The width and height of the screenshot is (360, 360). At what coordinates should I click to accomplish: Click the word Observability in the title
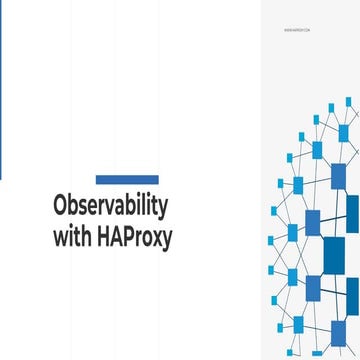pos(110,209)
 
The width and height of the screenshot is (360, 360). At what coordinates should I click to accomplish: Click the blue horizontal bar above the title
pos(127,180)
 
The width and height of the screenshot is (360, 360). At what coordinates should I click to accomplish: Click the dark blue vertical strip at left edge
pos(1,90)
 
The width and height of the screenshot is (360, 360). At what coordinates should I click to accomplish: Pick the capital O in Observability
pos(60,209)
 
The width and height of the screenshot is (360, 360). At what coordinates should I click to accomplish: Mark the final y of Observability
pos(163,212)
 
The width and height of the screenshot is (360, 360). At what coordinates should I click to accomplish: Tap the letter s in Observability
pos(84,210)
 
